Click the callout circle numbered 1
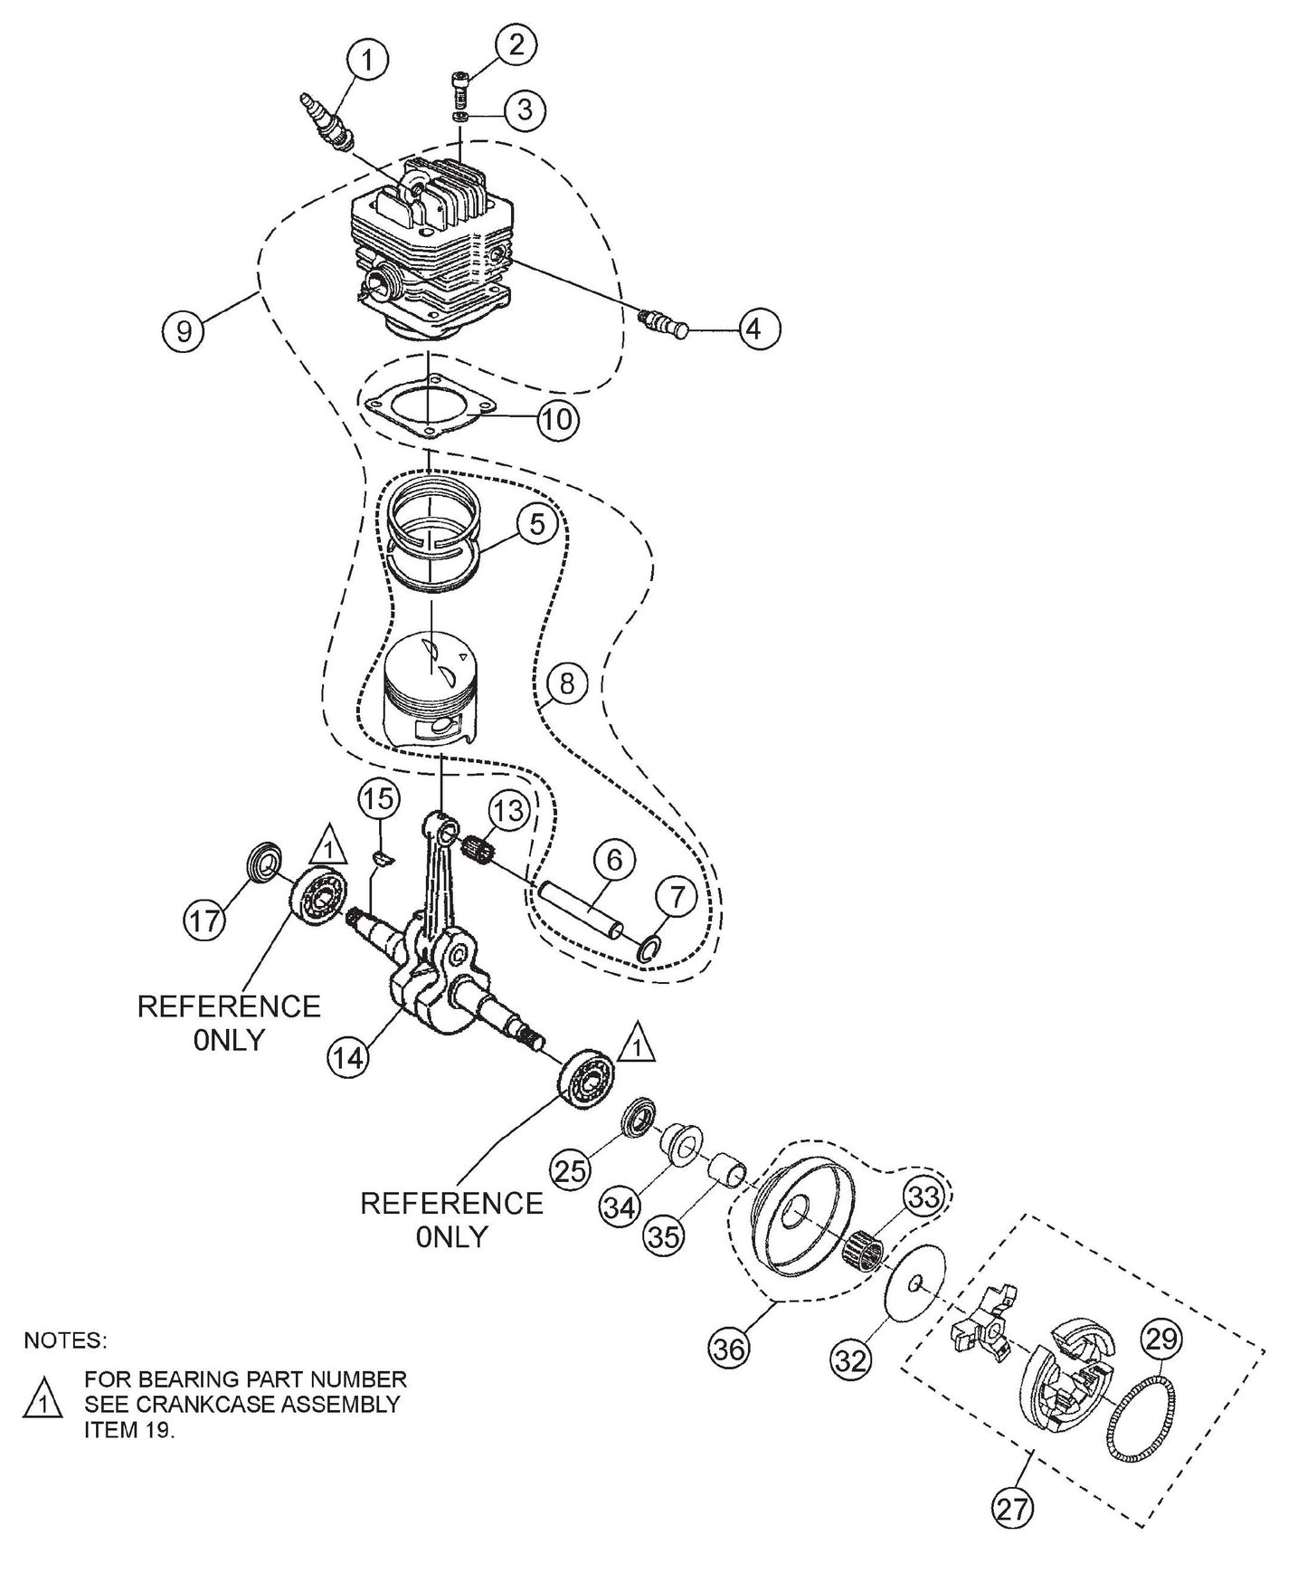coord(366,62)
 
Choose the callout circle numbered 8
coord(566,684)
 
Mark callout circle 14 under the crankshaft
coord(349,1056)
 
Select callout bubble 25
coord(572,1172)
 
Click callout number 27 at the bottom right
coord(1012,1509)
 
